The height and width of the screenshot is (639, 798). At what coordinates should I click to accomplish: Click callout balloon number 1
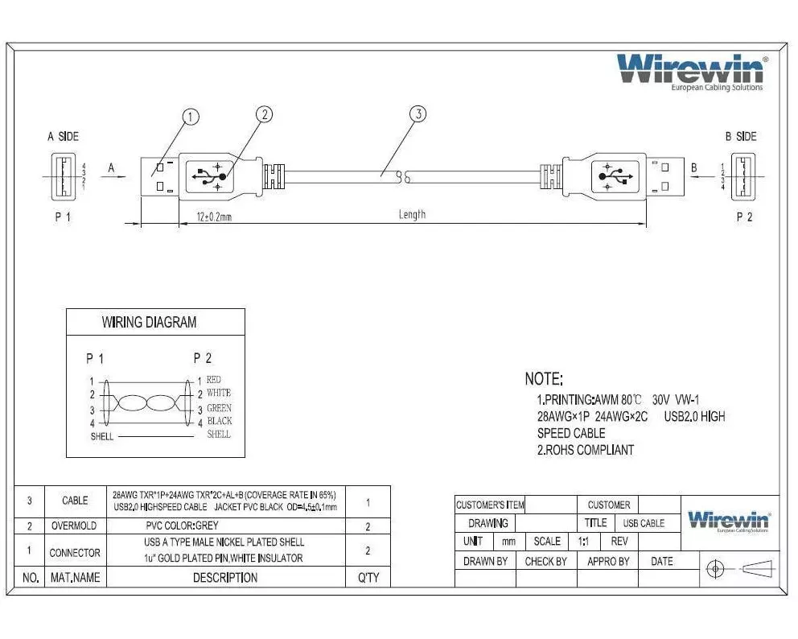pyautogui.click(x=191, y=117)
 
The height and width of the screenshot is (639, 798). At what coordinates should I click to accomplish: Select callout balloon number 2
pyautogui.click(x=265, y=114)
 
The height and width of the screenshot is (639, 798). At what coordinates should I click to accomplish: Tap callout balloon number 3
pyautogui.click(x=417, y=114)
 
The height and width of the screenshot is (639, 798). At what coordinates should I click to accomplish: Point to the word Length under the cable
pyautogui.click(x=412, y=215)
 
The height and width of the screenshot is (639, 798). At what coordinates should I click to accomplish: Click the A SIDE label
pyautogui.click(x=63, y=137)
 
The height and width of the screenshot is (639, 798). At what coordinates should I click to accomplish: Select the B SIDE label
pyautogui.click(x=741, y=137)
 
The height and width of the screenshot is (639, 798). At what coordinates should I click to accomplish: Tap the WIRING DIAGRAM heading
pyautogui.click(x=149, y=323)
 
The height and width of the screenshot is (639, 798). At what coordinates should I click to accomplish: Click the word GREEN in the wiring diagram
pyautogui.click(x=219, y=408)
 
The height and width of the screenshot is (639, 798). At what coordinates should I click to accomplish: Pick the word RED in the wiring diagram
pyautogui.click(x=214, y=379)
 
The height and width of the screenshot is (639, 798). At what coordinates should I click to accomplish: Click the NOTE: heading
pyautogui.click(x=544, y=379)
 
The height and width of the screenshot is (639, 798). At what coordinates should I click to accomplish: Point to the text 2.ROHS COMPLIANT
pyautogui.click(x=586, y=451)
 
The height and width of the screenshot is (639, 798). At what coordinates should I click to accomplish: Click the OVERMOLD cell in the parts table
pyautogui.click(x=75, y=526)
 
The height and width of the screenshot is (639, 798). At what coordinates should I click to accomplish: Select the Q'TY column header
pyautogui.click(x=368, y=578)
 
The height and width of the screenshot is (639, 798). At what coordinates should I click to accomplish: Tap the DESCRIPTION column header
pyautogui.click(x=225, y=578)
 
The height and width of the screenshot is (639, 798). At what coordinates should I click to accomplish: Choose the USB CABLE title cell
pyautogui.click(x=644, y=523)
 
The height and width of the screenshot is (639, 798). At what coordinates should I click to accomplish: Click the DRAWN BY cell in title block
pyautogui.click(x=485, y=562)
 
